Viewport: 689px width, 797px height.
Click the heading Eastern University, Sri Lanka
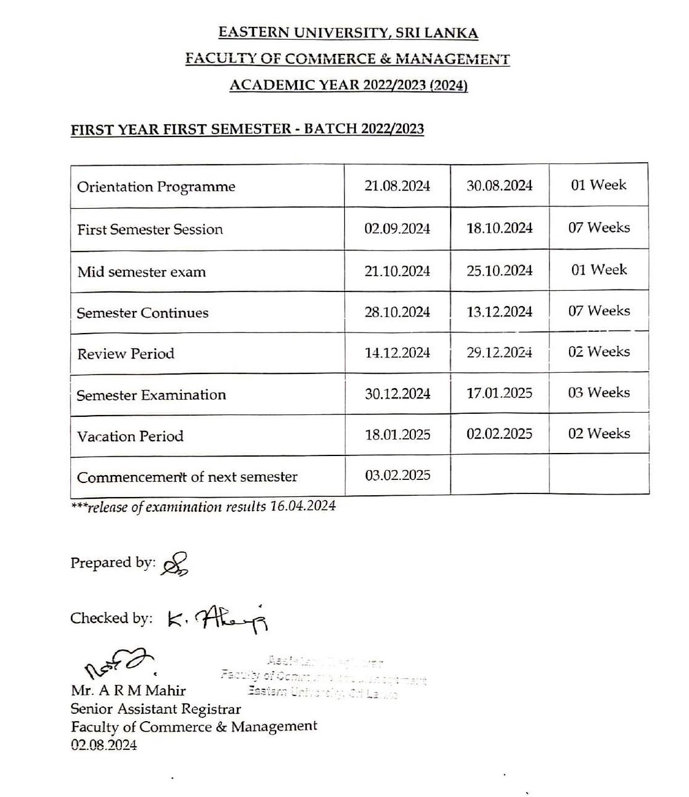[348, 33]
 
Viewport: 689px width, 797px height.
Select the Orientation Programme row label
[156, 187]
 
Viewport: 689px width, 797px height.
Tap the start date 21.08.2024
[397, 186]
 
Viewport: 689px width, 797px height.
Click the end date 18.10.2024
[499, 228]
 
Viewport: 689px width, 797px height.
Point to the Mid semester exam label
[141, 272]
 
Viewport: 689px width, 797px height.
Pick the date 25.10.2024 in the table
[499, 271]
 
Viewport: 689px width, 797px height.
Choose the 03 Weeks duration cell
[598, 392]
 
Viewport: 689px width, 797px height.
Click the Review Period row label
[126, 354]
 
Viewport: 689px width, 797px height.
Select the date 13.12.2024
[499, 312]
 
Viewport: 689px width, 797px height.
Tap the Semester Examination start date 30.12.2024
[397, 394]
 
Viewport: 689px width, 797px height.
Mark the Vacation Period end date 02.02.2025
[499, 434]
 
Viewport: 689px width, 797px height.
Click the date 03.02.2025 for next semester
[397, 475]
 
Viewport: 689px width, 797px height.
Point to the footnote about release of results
[203, 507]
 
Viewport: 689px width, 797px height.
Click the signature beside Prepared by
[175, 564]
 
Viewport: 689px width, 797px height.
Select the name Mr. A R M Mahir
[128, 690]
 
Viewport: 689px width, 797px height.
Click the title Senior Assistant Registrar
[156, 709]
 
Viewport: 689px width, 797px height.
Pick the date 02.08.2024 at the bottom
[104, 745]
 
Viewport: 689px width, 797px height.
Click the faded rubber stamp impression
[323, 677]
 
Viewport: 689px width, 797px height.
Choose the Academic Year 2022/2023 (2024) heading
[348, 85]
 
